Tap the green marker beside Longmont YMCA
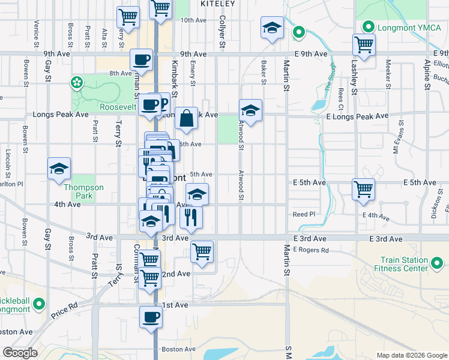click(367, 27)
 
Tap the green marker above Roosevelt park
click(77, 82)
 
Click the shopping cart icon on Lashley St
click(364, 43)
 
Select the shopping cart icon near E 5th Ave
click(364, 188)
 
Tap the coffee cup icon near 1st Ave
click(151, 317)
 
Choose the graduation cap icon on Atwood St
click(251, 110)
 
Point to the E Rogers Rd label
click(311, 250)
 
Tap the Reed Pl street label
click(304, 214)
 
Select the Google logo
click(20, 353)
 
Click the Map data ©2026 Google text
click(412, 355)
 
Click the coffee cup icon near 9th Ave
click(142, 59)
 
